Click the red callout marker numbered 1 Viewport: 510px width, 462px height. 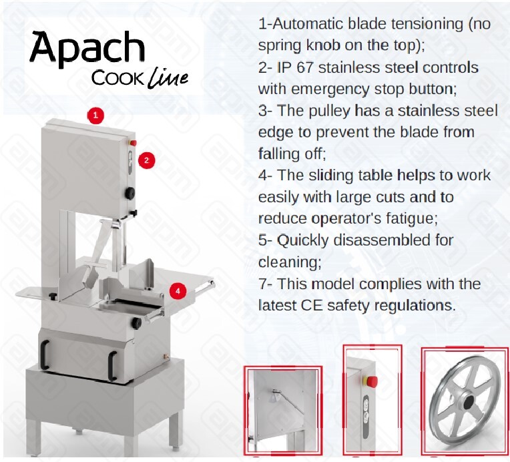(x=96, y=115)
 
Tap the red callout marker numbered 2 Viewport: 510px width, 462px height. (x=147, y=160)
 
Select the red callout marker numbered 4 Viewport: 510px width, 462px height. (x=178, y=290)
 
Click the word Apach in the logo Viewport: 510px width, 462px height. (x=87, y=49)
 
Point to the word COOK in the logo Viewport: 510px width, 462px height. (x=117, y=79)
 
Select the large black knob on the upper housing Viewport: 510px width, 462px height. (x=131, y=193)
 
